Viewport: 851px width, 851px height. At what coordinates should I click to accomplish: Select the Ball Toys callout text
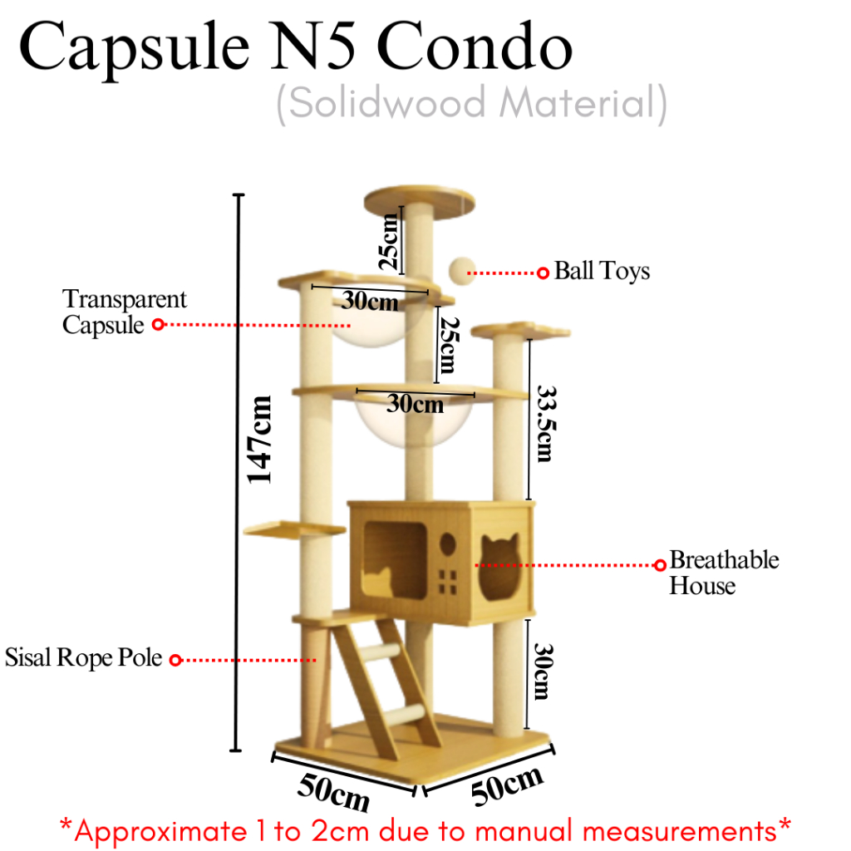click(x=602, y=271)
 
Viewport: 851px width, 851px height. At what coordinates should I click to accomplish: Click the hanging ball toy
click(x=460, y=270)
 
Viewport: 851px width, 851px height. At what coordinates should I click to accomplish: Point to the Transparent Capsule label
click(x=125, y=312)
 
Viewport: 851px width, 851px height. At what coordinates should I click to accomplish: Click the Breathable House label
click(x=724, y=573)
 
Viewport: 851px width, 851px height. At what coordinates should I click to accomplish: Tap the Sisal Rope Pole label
click(x=83, y=658)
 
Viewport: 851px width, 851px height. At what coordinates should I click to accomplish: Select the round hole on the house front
click(x=447, y=544)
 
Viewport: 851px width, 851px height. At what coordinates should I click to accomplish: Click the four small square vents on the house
click(x=448, y=580)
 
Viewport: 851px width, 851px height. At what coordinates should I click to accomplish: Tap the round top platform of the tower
click(x=421, y=200)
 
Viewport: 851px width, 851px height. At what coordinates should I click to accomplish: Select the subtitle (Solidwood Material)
click(x=471, y=106)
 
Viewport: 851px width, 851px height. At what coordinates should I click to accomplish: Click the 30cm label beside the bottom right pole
click(x=543, y=670)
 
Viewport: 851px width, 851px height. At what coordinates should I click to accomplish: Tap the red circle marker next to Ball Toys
click(x=543, y=273)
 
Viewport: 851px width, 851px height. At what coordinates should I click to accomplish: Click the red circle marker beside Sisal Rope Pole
click(x=175, y=660)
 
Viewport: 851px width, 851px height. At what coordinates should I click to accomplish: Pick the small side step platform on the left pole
click(x=294, y=529)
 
